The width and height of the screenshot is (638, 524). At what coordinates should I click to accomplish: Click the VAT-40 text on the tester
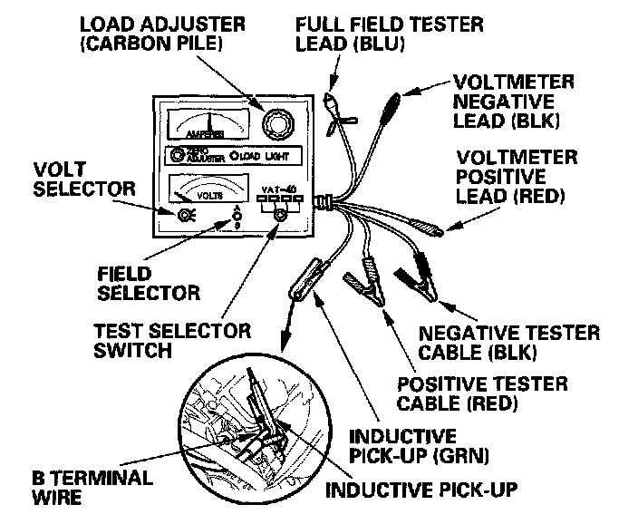(277, 189)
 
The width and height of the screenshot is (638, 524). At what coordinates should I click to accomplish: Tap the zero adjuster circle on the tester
(176, 155)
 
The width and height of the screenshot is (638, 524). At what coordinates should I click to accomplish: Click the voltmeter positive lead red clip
(421, 228)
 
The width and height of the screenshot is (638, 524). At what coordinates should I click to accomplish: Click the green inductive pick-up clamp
(305, 281)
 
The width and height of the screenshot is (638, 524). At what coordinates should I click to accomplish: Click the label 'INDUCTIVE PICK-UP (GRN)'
(416, 445)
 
